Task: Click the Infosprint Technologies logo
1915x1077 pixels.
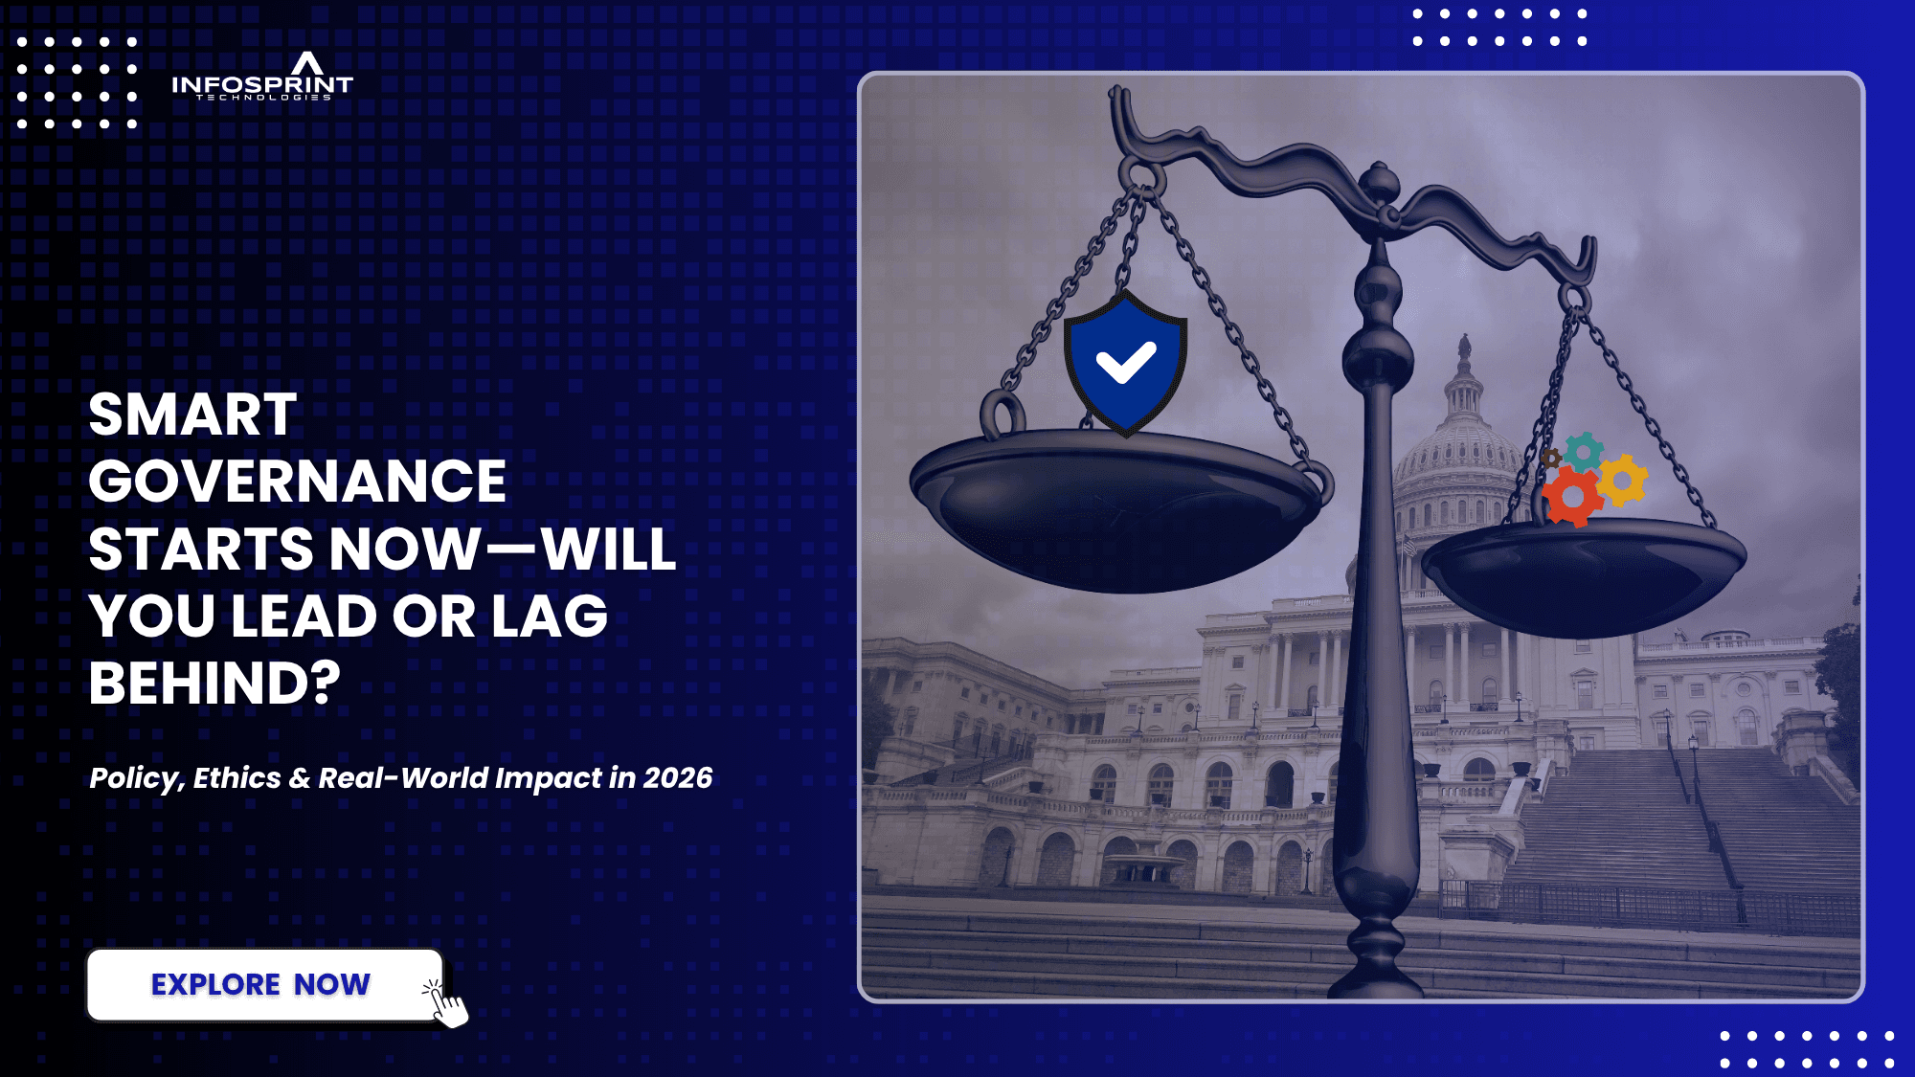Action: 262,77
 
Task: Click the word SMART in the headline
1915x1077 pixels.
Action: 192,415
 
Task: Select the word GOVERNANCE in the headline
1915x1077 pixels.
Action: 297,481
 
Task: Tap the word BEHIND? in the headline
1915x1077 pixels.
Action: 214,683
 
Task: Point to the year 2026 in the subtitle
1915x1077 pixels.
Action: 678,777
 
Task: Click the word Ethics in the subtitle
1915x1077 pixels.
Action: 237,777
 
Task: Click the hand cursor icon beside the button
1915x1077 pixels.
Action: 446,1002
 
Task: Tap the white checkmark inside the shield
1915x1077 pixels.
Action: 1126,364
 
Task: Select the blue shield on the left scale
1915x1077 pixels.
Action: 1126,363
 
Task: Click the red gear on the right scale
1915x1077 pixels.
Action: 1572,496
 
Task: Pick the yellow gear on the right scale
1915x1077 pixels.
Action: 1622,480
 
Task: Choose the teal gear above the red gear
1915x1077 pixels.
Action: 1585,451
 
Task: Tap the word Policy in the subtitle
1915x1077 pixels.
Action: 135,778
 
